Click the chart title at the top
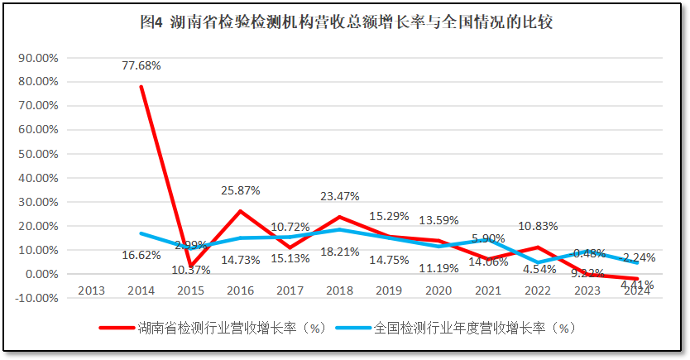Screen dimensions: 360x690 pos(346,22)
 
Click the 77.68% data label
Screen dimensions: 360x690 pos(141,65)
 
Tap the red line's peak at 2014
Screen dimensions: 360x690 pos(141,87)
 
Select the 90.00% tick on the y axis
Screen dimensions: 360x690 pos(37,58)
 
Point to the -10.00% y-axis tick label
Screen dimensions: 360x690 pos(36,298)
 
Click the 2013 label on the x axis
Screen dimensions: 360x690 pos(91,290)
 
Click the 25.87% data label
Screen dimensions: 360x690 pos(241,190)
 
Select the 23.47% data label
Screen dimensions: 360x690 pos(341,197)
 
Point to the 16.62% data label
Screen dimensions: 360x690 pos(141,255)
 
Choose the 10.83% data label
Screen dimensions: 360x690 pos(539,225)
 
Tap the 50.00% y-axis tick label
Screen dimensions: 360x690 pos(37,154)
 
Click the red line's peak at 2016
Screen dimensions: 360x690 pos(241,211)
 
